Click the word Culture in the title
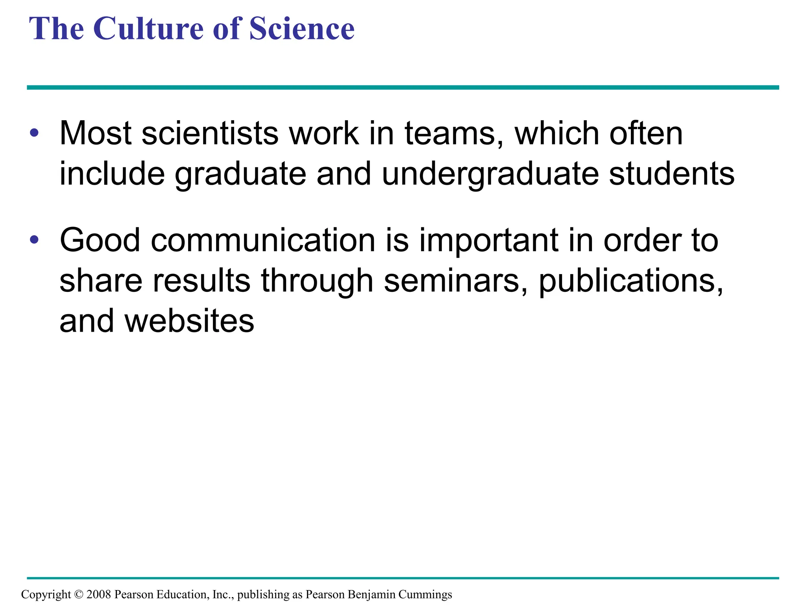click(149, 29)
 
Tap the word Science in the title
click(302, 29)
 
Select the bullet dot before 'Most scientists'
click(34, 133)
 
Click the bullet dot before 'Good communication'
click(34, 239)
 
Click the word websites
click(189, 321)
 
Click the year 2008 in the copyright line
click(98, 594)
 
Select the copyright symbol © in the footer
click(79, 594)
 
